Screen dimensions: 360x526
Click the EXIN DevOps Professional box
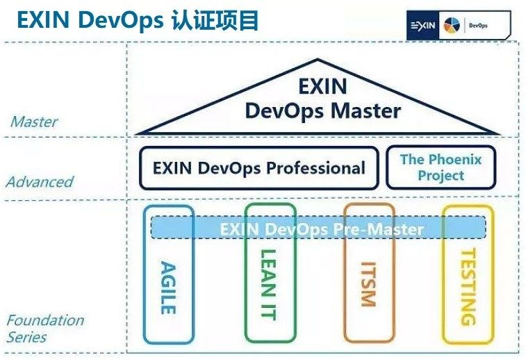click(258, 167)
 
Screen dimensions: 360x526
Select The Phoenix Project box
click(441, 167)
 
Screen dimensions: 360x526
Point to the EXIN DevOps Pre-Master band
click(319, 228)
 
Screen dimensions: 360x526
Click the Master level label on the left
click(34, 122)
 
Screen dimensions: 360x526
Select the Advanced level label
click(40, 182)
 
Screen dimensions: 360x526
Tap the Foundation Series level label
click(44, 328)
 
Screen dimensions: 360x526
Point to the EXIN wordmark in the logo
click(423, 26)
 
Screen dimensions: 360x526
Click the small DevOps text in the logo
click(478, 26)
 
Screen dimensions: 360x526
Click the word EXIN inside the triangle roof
click(322, 87)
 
